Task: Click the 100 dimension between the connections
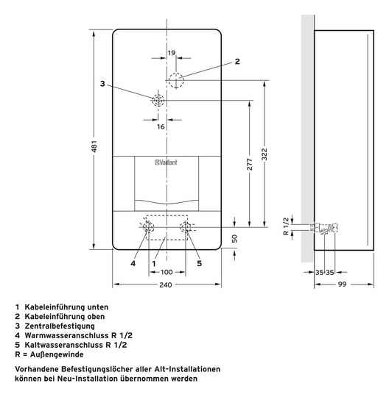(x=167, y=272)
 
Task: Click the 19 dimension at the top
(x=171, y=54)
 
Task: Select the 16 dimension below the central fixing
(x=161, y=126)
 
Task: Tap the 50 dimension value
(x=234, y=239)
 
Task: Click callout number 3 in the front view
(x=103, y=83)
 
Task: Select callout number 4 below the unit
(x=133, y=262)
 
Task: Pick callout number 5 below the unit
(x=199, y=262)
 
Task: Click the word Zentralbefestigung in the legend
(x=57, y=326)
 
